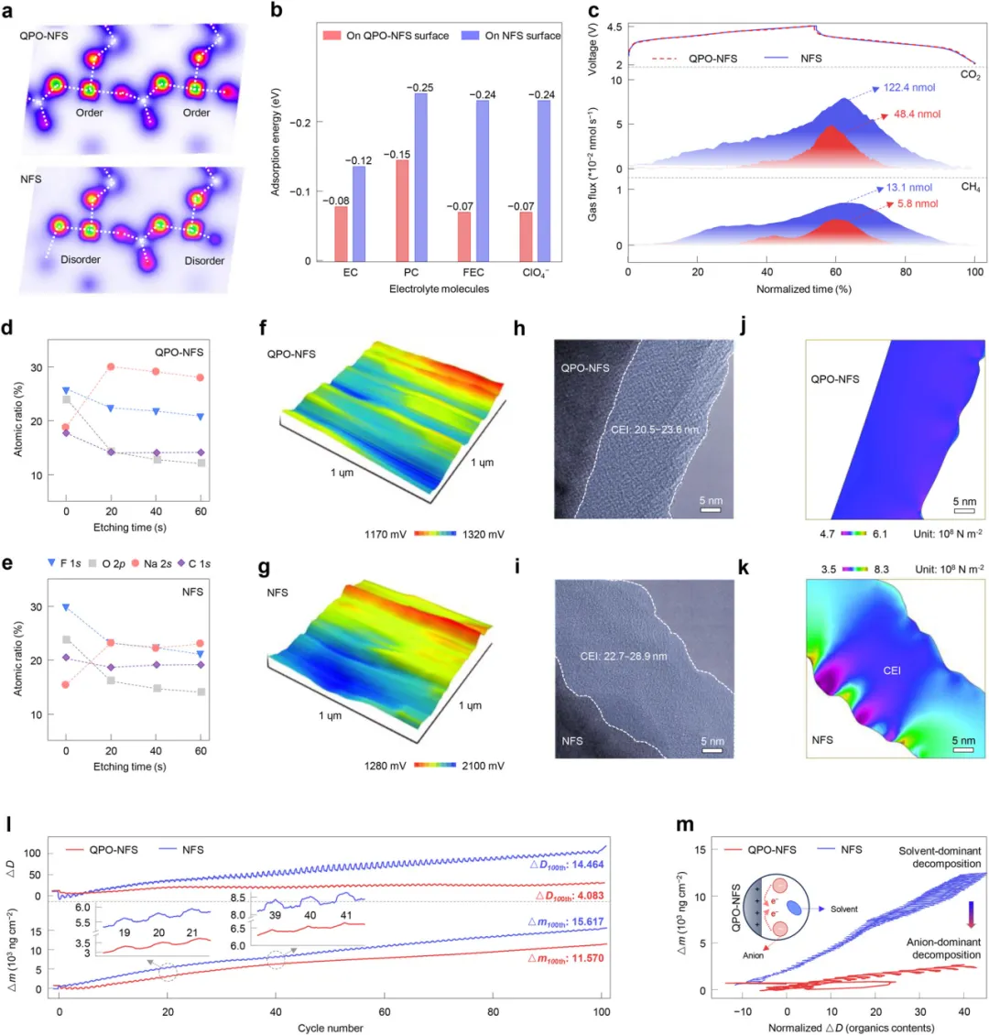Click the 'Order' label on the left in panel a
coord(90,113)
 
